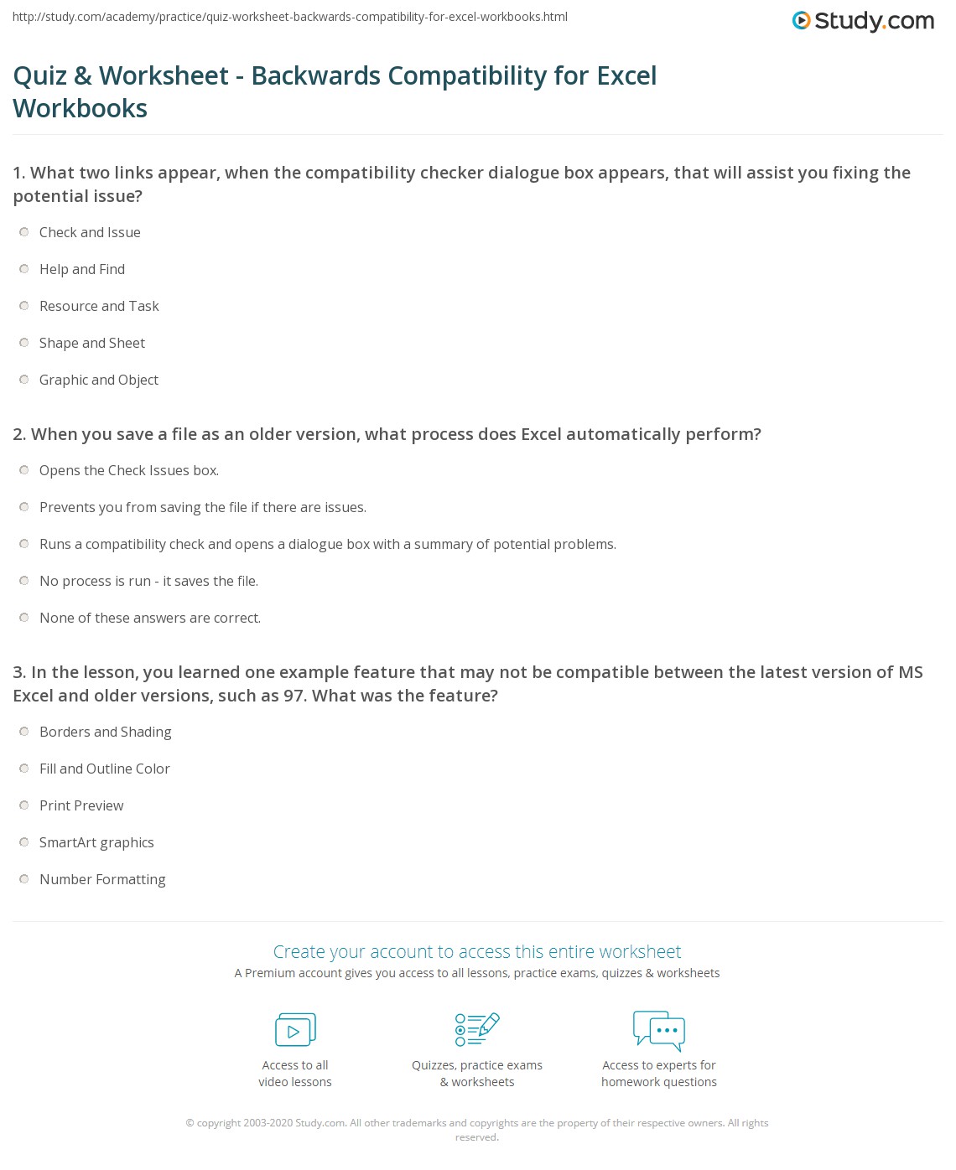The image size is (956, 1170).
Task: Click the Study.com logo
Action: tap(863, 21)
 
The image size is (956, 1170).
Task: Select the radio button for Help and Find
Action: tap(24, 269)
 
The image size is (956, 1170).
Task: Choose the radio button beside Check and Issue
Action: tap(24, 232)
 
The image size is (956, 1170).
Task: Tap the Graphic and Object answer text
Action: tap(99, 380)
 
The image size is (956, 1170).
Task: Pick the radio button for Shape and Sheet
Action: tap(24, 343)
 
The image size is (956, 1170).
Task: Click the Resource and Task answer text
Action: tap(99, 306)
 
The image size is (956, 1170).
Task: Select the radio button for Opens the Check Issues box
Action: tap(24, 470)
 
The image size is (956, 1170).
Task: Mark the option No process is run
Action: tap(24, 581)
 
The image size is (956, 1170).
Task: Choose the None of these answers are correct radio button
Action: tap(24, 618)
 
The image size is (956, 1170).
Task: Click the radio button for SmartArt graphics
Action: tap(24, 842)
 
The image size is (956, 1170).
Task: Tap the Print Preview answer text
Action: tap(81, 805)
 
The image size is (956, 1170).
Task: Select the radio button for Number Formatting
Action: tap(24, 879)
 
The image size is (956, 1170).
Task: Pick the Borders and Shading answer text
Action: tap(106, 732)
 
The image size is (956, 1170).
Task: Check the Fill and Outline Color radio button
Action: tap(24, 769)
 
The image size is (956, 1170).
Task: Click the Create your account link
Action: tap(477, 951)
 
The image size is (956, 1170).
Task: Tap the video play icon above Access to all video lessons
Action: tap(295, 1029)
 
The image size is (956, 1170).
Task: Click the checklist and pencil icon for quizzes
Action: tap(477, 1029)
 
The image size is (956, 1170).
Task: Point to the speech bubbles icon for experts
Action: tap(659, 1030)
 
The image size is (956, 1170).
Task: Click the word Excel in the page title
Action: tap(626, 75)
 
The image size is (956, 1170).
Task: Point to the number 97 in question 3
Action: tap(293, 696)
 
